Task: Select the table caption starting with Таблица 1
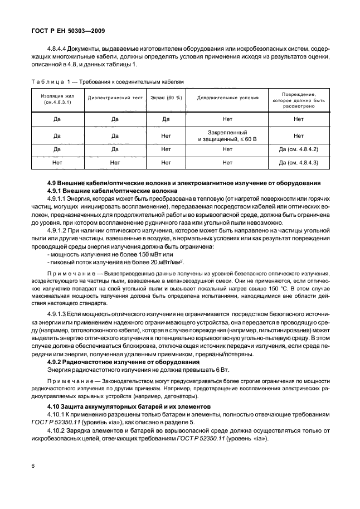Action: click(106, 81)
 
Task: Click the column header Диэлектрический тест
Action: click(115, 98)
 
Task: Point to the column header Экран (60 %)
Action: click(166, 98)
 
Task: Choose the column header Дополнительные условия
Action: click(227, 98)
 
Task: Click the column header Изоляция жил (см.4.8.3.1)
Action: click(56, 98)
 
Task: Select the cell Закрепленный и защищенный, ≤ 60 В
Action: click(227, 135)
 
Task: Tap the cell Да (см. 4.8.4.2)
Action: click(298, 149)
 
